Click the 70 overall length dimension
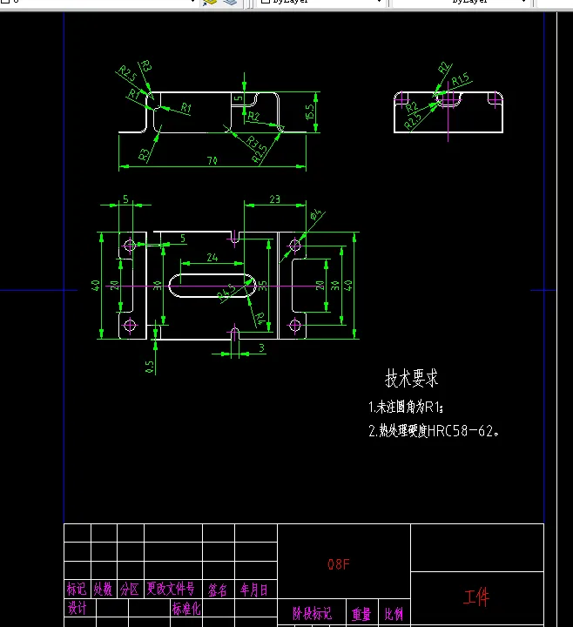[212, 160]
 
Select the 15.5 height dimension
[310, 112]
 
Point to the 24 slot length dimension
[212, 257]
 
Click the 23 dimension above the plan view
[274, 199]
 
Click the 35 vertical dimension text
[263, 284]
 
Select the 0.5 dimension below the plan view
[150, 367]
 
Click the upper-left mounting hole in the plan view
[130, 246]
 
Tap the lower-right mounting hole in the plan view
[294, 326]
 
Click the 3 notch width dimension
[261, 348]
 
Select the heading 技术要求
[412, 378]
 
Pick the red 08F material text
[339, 564]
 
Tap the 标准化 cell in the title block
[186, 610]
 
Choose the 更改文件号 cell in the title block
[171, 590]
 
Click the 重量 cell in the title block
[361, 614]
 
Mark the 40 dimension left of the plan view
[97, 285]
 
